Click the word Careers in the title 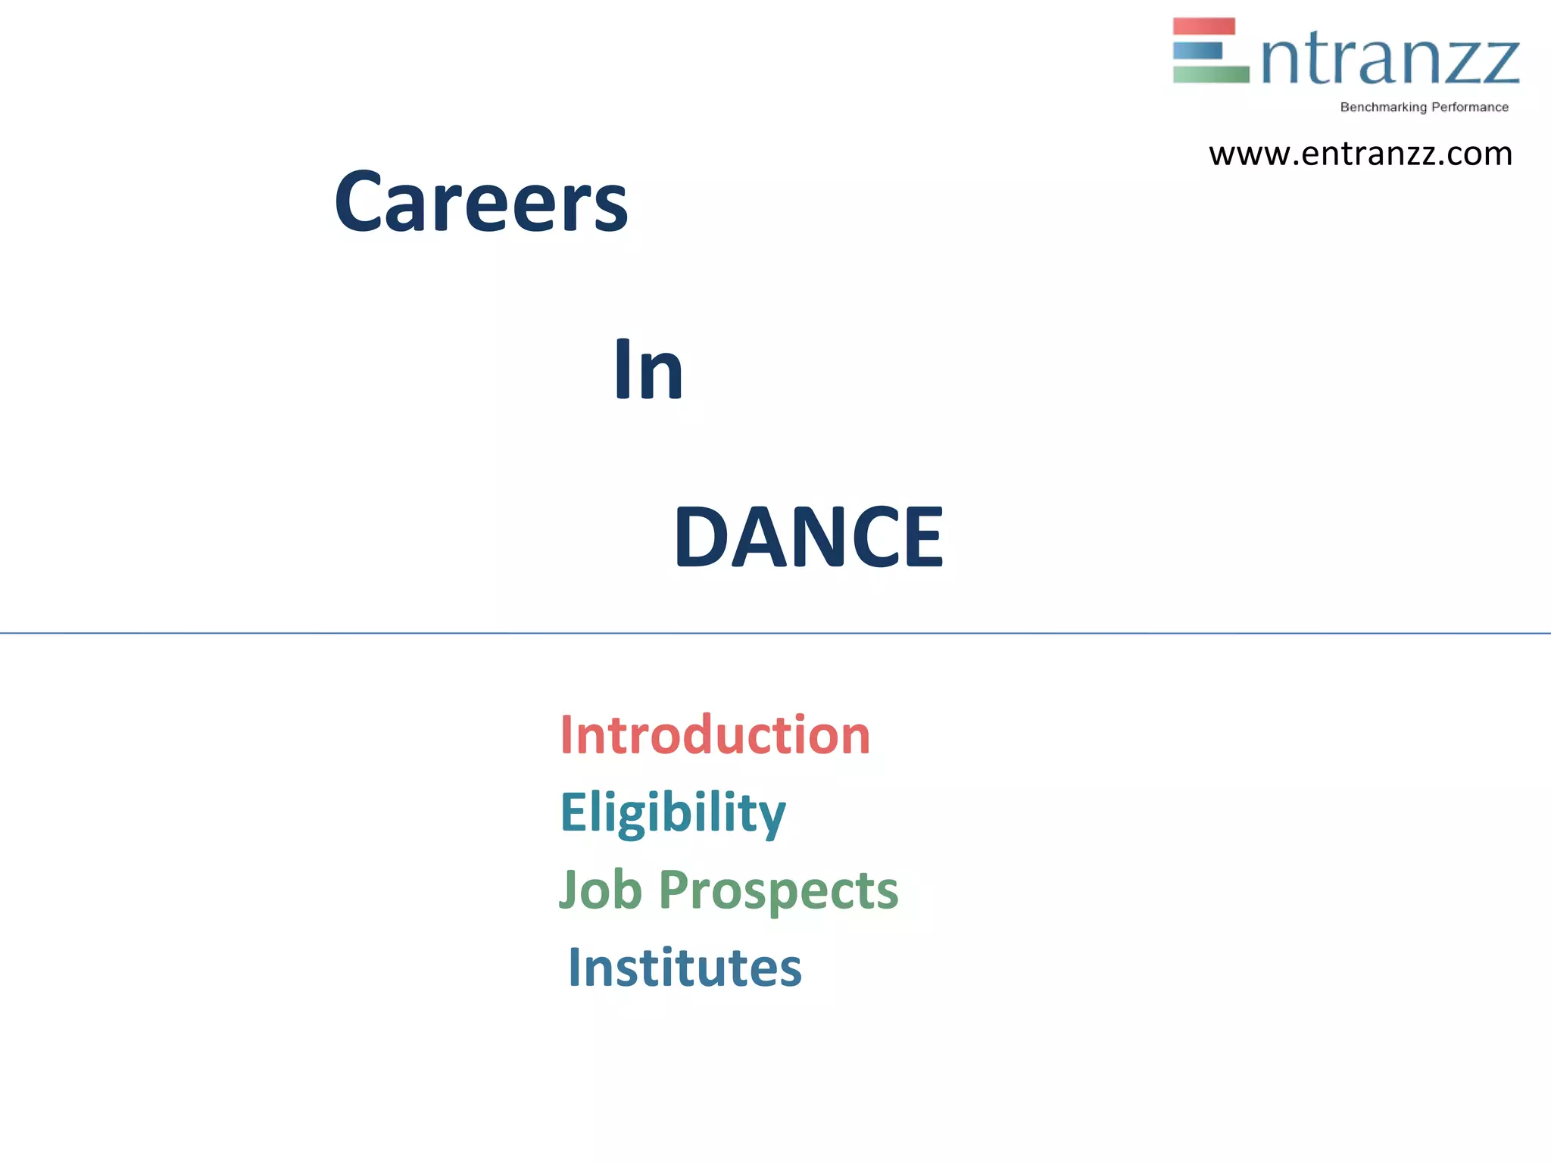[481, 202]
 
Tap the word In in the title [648, 369]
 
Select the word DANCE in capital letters [809, 537]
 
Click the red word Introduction [715, 735]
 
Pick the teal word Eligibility [673, 813]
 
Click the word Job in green [600, 890]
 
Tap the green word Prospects [779, 891]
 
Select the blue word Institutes [685, 968]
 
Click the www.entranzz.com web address [1360, 154]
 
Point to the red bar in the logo [1203, 27]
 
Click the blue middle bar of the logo [1198, 51]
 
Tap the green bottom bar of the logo [1210, 74]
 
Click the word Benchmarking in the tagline [1383, 108]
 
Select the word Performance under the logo [1470, 108]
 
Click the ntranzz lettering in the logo [1390, 61]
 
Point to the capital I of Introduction [566, 735]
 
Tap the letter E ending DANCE [923, 537]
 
